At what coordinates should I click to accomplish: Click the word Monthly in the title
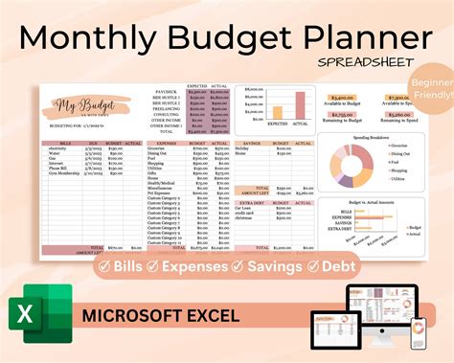(92, 37)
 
